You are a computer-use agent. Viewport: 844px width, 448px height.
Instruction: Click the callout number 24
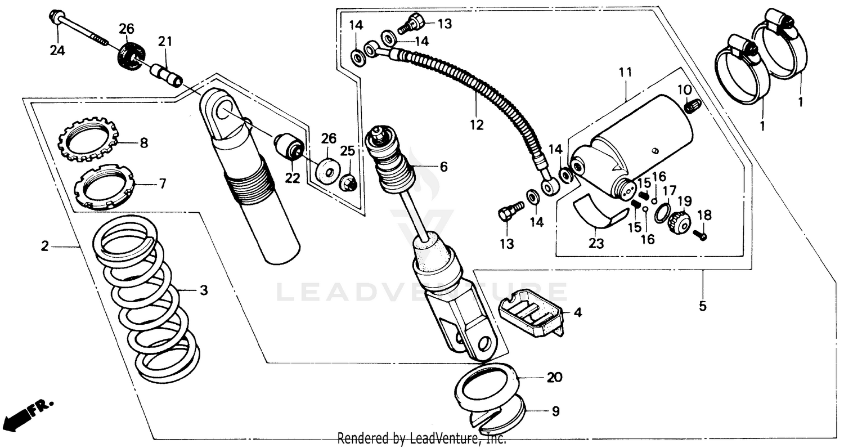(57, 51)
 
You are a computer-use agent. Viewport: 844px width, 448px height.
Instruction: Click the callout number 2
(44, 246)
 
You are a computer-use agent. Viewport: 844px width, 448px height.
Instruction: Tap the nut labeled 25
(348, 183)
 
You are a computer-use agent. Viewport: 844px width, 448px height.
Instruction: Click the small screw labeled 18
(700, 235)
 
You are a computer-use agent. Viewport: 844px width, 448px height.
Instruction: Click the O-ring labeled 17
(663, 214)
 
